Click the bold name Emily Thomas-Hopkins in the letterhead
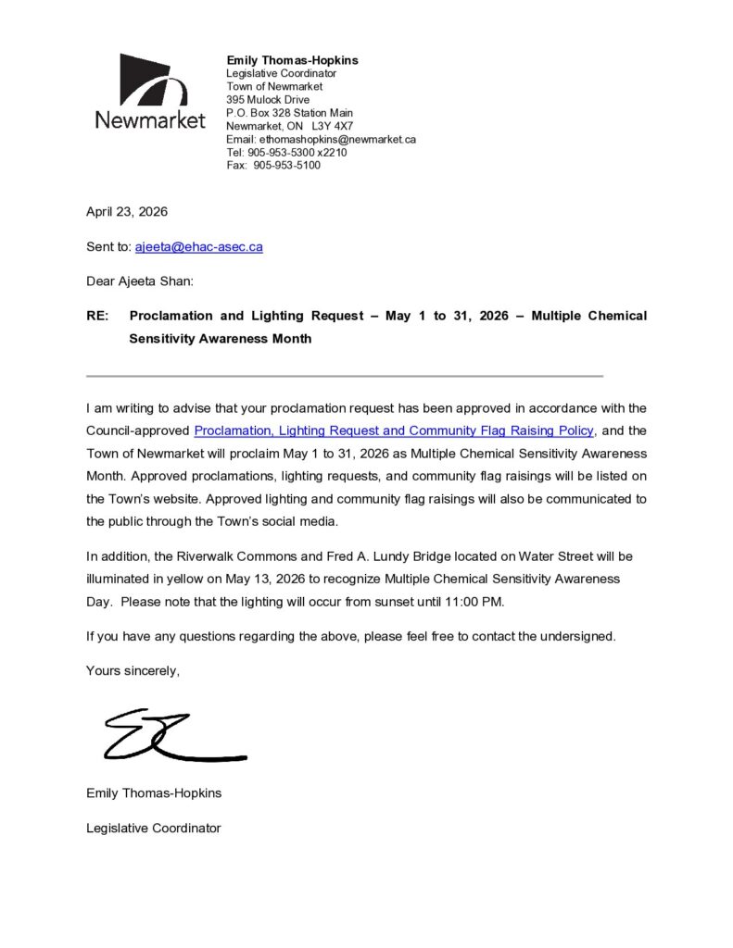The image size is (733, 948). point(292,60)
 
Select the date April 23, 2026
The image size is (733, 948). point(127,211)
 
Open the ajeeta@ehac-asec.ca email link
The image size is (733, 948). point(198,247)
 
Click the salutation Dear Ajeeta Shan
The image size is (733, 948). point(140,281)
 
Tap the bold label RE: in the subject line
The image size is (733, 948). point(97,316)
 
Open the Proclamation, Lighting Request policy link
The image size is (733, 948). point(394,430)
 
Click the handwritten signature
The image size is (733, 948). point(171,736)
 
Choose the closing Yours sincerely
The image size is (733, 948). point(133,670)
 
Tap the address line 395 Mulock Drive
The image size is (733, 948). point(268,99)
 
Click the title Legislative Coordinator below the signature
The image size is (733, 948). point(153,828)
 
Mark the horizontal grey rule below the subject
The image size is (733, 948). point(345,376)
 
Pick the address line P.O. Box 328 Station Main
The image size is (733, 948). point(289,113)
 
